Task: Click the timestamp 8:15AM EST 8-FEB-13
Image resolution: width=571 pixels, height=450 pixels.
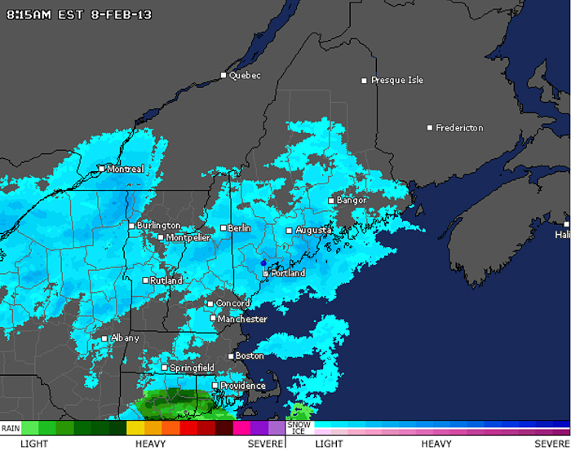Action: [x=79, y=15]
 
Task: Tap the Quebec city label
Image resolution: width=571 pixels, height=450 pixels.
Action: [x=245, y=76]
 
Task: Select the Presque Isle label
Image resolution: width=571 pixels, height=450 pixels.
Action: [x=397, y=81]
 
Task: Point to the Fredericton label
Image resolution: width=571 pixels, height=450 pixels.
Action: [x=459, y=128]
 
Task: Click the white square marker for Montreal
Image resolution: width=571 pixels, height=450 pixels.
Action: [x=101, y=169]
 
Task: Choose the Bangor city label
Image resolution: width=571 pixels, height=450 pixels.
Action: [x=352, y=201]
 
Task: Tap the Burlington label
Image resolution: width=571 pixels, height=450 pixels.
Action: [x=158, y=226]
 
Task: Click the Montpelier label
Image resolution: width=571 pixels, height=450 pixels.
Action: [x=188, y=238]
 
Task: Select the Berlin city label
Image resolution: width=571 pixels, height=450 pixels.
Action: [x=239, y=228]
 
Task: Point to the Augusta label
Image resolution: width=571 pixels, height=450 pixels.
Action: [x=313, y=231]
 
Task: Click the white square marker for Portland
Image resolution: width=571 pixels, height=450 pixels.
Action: [x=265, y=274]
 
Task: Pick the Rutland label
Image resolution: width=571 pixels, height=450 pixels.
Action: [x=167, y=280]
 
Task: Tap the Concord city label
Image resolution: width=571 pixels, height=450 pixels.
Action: [x=232, y=304]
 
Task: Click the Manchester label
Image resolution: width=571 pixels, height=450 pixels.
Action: [x=242, y=319]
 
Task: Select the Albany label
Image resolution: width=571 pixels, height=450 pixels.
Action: [x=125, y=338]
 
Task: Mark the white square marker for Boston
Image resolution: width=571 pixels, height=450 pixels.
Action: [x=231, y=356]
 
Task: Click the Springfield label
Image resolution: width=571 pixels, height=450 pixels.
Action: [x=192, y=368]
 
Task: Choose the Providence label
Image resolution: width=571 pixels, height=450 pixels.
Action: [x=243, y=386]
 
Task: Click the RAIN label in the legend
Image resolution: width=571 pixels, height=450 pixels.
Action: [x=11, y=427]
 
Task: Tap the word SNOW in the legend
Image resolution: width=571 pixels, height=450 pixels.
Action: [x=299, y=424]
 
